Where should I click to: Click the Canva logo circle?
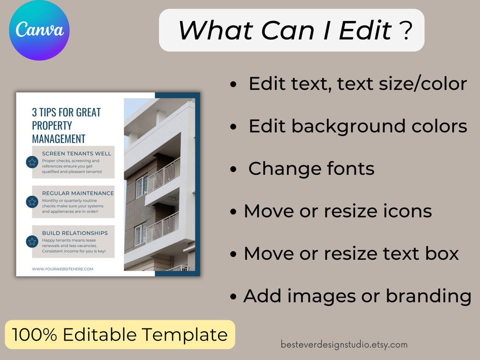39,30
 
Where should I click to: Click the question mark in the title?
406,31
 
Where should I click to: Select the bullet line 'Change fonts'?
311,169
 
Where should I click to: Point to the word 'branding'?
428,296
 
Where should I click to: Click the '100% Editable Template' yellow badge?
120,335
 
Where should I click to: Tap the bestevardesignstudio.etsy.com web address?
344,344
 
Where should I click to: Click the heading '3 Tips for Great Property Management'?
67,125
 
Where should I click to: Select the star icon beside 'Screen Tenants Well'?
32,162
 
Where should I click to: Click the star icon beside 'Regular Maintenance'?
32,202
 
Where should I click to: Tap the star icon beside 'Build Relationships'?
32,241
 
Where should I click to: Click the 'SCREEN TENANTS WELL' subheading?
77,154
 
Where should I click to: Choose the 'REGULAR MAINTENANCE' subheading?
78,193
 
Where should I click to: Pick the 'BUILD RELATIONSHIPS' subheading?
75,233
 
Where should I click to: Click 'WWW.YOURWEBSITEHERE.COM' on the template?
63,269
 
